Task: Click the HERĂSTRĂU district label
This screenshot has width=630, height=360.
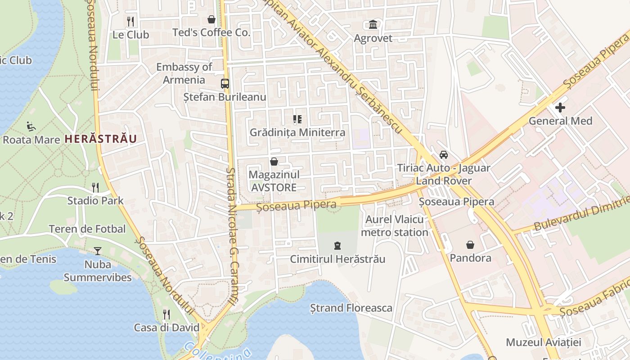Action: tap(100, 139)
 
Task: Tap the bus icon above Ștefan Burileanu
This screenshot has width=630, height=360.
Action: tap(225, 84)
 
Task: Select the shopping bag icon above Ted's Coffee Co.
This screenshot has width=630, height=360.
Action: tap(211, 19)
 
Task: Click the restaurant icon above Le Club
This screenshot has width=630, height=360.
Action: tap(130, 21)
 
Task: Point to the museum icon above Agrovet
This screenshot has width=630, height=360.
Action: tap(373, 24)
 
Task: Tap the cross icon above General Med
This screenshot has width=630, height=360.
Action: tap(560, 108)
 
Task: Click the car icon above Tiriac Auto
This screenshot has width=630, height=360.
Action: tap(444, 155)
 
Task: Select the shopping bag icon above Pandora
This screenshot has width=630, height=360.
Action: tap(470, 245)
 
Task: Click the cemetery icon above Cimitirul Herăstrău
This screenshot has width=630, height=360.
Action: tap(337, 246)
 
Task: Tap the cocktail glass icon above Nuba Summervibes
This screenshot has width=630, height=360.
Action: tap(98, 251)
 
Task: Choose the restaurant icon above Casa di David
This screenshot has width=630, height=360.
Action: tap(166, 314)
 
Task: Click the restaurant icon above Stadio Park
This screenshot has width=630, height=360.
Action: tap(95, 187)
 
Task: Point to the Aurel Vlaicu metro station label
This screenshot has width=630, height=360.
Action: tap(395, 226)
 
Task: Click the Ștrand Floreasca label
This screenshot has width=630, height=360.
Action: tap(351, 308)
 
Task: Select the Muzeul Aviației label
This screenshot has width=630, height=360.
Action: tap(544, 342)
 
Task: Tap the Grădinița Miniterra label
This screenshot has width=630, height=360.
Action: tap(297, 132)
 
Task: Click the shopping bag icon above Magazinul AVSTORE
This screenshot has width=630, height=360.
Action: tap(274, 162)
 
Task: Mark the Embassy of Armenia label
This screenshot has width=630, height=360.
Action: tap(184, 73)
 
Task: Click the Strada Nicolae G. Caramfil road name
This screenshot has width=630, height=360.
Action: tap(232, 238)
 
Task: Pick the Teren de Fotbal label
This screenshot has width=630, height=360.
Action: tap(87, 229)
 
